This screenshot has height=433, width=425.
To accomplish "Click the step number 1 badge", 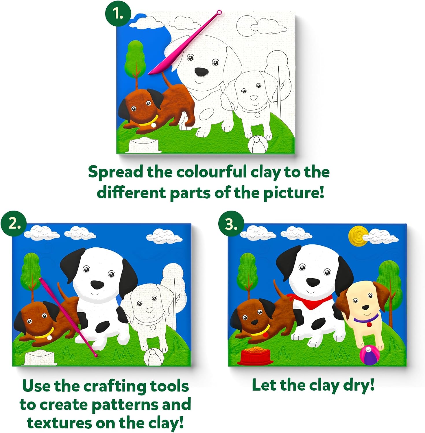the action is pos(118,14).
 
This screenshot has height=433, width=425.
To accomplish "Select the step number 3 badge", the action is pos(231,224).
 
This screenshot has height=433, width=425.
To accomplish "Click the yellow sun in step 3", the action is pos(358,236).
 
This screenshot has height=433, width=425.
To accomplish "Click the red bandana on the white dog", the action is pos(310,301).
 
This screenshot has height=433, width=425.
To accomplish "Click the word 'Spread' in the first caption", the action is pos(116,172).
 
